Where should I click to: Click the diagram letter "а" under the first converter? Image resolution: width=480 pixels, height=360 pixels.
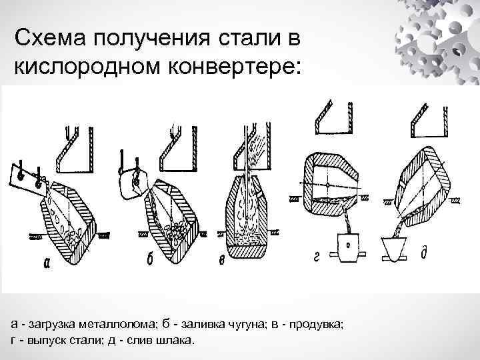point(46,263)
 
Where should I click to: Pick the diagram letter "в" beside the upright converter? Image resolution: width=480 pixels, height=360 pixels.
point(221,260)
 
